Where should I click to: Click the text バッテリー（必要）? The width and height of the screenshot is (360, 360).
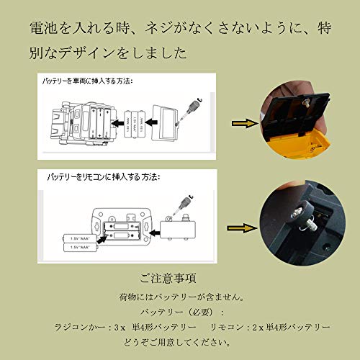tap(179, 312)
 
